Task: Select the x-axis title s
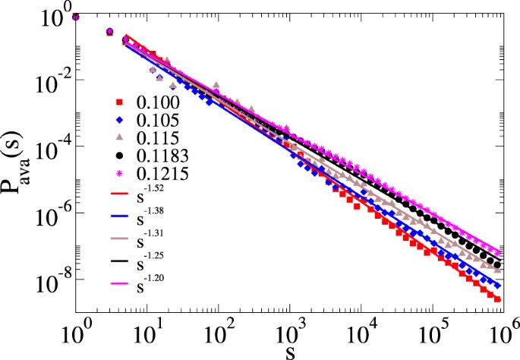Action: [x=291, y=351]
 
